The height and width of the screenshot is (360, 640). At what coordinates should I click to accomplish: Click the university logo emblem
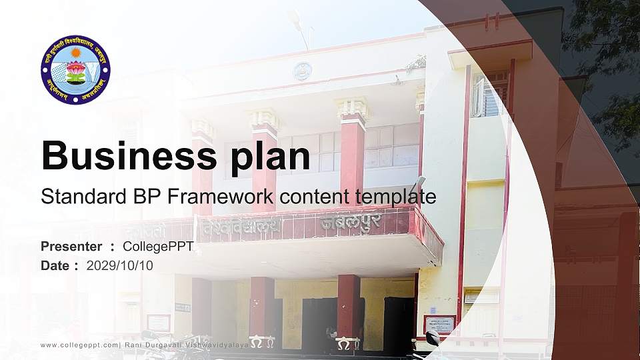(x=75, y=70)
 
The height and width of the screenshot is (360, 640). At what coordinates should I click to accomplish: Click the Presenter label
(x=71, y=247)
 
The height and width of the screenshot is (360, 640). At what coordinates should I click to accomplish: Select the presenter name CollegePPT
(x=158, y=247)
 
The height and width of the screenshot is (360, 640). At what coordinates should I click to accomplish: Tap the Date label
(x=55, y=265)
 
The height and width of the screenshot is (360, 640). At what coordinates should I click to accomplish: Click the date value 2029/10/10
(x=119, y=265)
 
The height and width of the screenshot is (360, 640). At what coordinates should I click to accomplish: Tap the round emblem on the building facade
(x=303, y=71)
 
